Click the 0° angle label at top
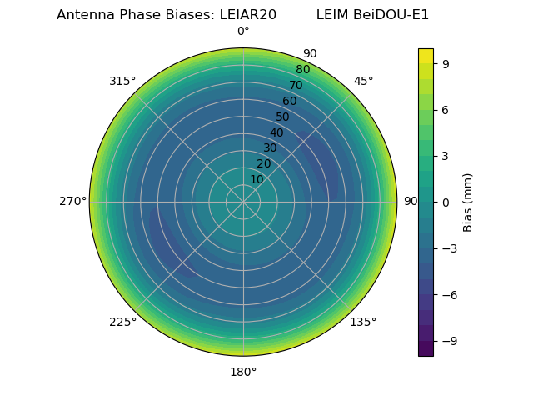point(243,32)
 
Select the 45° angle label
point(363,81)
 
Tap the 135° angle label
point(363,322)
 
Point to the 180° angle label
point(243,372)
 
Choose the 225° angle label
point(122,322)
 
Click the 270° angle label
point(72,202)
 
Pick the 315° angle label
point(122,81)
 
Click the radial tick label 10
point(257,179)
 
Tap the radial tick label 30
point(270,148)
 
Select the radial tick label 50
point(283,117)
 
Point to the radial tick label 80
point(303,70)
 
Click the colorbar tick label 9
point(446,63)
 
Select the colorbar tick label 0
point(446,202)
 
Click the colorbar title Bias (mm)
point(468,202)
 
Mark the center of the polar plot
point(243,202)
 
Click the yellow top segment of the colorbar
point(426,56)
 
